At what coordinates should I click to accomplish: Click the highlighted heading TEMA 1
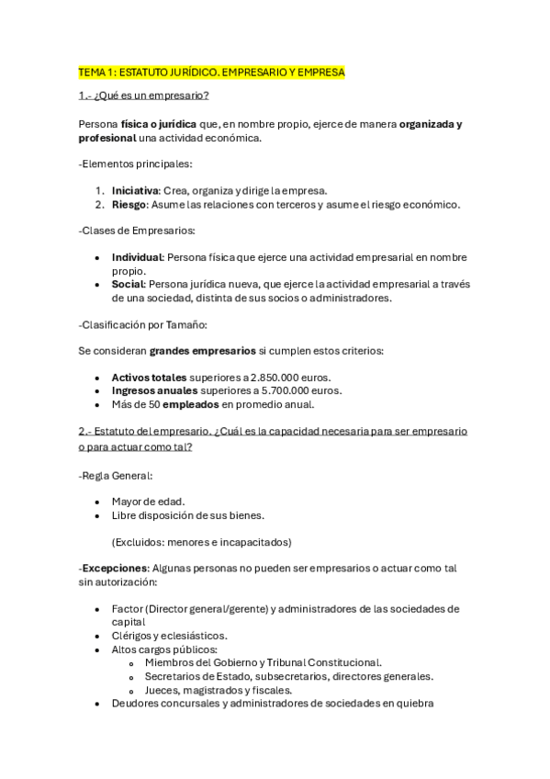click(x=212, y=72)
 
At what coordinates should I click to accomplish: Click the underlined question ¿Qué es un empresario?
click(x=144, y=96)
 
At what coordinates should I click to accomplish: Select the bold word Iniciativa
click(x=135, y=190)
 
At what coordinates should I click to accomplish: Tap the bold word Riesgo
click(x=130, y=204)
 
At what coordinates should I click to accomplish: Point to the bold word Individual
click(x=137, y=257)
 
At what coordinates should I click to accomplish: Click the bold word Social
click(x=129, y=284)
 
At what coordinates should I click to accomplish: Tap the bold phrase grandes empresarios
click(x=202, y=351)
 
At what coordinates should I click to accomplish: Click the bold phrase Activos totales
click(x=149, y=378)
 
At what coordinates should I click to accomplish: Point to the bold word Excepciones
click(x=114, y=568)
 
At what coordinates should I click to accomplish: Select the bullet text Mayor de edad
click(x=148, y=502)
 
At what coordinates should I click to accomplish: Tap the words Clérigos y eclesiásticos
click(x=170, y=635)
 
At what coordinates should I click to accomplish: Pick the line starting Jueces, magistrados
click(x=219, y=690)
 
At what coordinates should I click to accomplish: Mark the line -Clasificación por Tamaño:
click(x=143, y=324)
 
